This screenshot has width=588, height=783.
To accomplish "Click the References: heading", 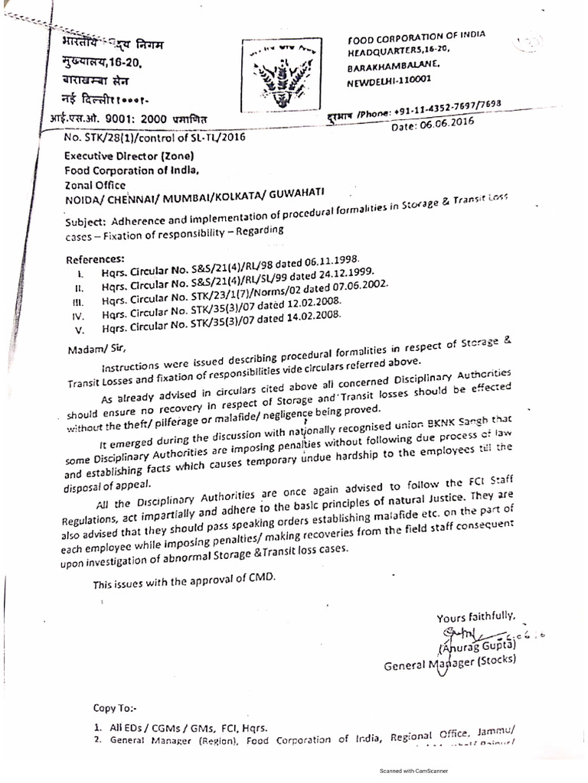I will tap(95, 258).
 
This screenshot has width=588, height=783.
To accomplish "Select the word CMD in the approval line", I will tap(260, 580).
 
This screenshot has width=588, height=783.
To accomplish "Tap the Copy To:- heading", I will tap(115, 709).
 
